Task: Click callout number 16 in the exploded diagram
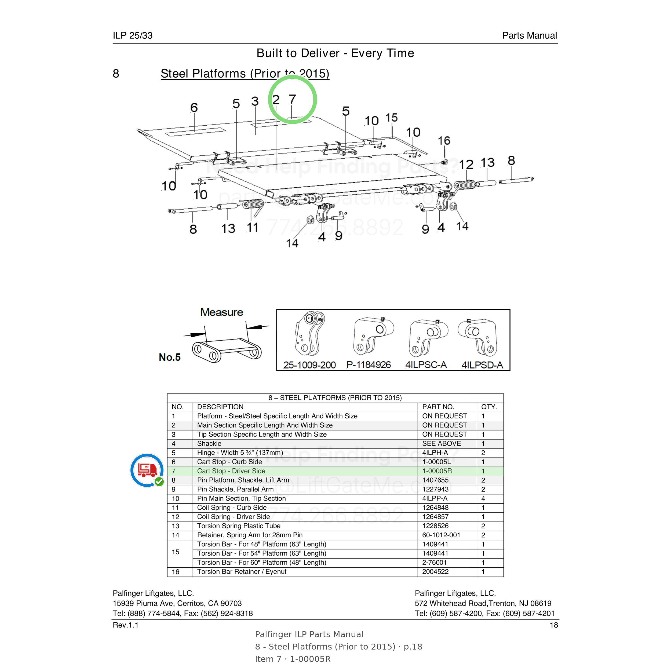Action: point(444,141)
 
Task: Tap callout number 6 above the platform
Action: point(194,108)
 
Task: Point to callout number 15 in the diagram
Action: point(391,118)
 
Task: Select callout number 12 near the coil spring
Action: point(466,164)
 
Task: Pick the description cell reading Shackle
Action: point(209,443)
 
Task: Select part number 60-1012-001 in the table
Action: point(441,535)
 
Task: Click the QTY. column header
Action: point(489,407)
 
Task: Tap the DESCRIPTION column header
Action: point(220,407)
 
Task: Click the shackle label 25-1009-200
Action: point(309,365)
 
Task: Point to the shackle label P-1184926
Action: point(369,365)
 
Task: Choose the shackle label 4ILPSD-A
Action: point(482,365)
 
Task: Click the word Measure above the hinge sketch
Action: point(222,312)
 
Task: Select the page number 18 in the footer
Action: point(554,625)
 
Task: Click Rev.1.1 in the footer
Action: point(125,625)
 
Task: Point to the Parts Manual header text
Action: point(530,35)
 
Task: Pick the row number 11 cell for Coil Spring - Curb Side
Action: point(176,508)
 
